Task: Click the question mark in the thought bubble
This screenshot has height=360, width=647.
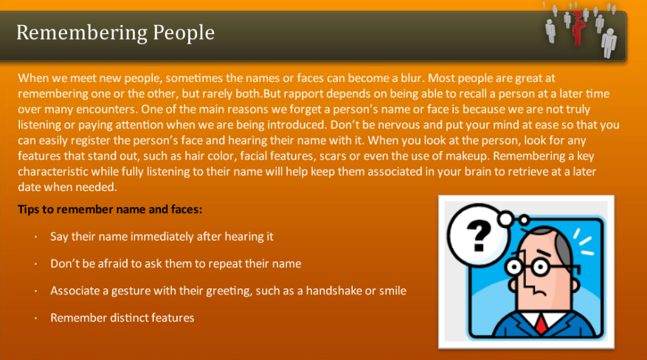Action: coord(480,235)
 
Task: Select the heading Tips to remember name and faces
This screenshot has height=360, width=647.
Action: coord(110,210)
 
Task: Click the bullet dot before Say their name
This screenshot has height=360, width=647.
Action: coord(35,237)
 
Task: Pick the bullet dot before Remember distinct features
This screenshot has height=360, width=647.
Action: coord(35,318)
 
